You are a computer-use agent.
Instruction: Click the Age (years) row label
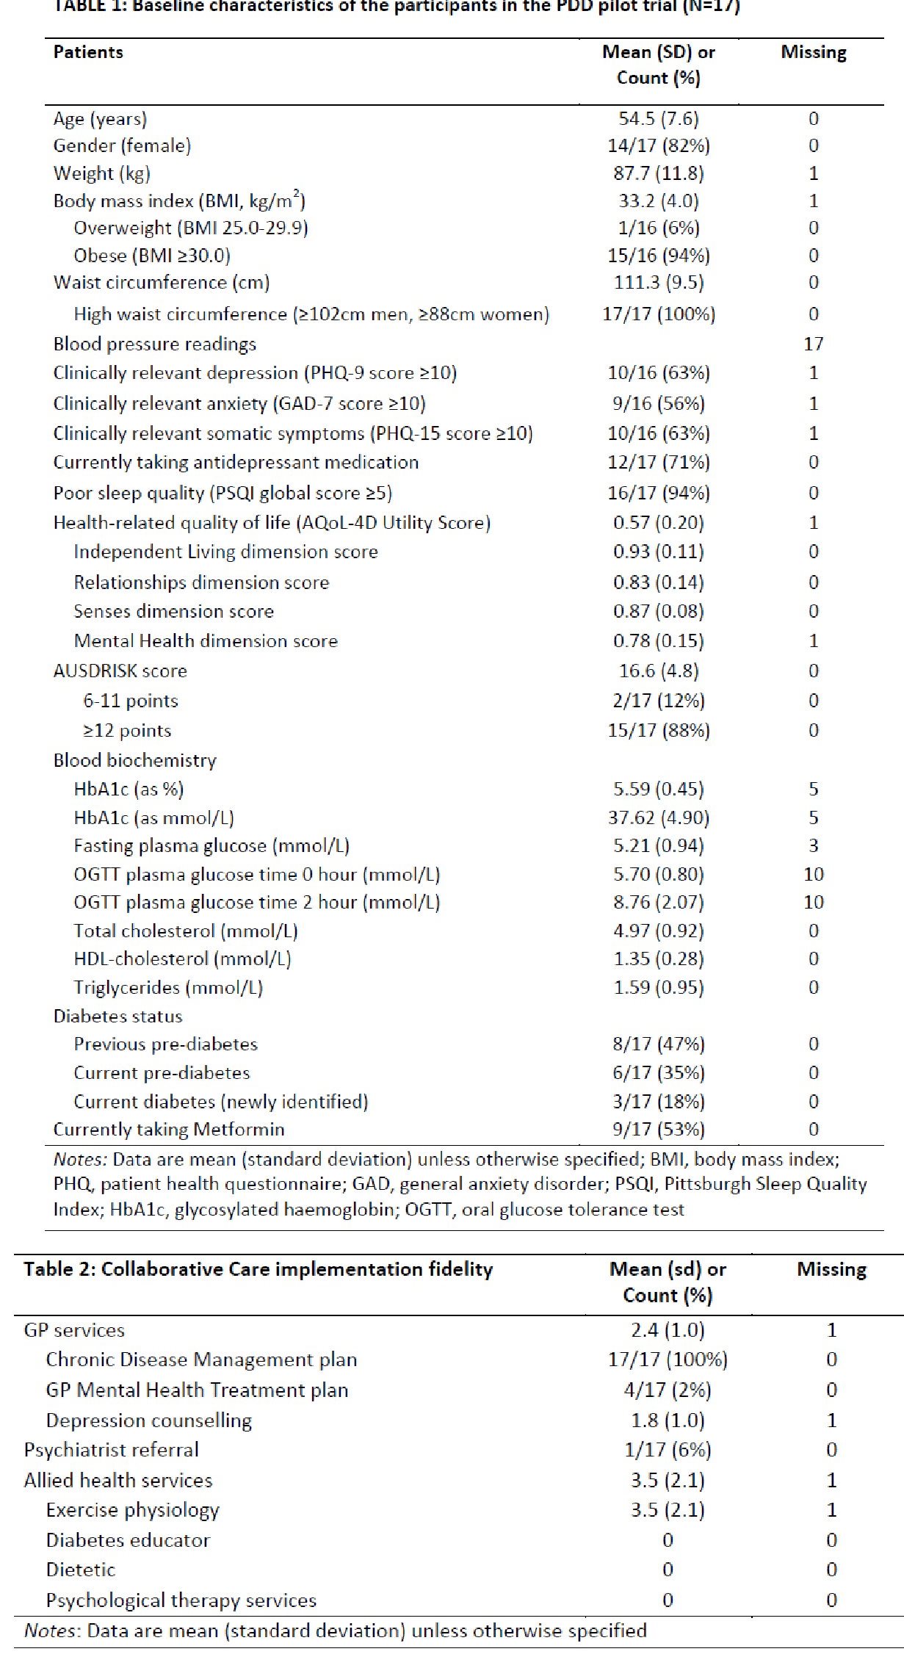[100, 119]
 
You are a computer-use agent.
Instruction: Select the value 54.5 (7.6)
[659, 119]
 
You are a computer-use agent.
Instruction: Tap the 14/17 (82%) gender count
[659, 145]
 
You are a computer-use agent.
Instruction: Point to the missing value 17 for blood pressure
[814, 344]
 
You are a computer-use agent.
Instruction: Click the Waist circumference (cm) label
[162, 283]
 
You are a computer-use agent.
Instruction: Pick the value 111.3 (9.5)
[659, 283]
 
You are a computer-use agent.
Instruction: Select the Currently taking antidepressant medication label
[236, 463]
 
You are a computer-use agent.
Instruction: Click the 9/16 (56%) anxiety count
[659, 403]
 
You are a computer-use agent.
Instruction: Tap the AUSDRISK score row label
[120, 671]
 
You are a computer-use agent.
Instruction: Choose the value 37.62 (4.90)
[659, 817]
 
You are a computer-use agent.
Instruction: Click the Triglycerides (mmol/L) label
[168, 988]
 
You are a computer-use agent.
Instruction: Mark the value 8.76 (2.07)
[659, 902]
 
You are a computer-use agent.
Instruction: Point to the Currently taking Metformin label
[169, 1130]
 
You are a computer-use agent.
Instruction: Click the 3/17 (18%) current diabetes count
[659, 1102]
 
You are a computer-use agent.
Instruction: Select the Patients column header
[88, 52]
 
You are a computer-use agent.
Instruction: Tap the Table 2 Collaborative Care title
[258, 1270]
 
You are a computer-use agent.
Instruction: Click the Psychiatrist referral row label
[111, 1450]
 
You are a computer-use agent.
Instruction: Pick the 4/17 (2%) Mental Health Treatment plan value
[668, 1390]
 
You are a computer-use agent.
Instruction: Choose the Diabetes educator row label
[128, 1540]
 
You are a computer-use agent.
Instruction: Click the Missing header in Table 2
[832, 1270]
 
